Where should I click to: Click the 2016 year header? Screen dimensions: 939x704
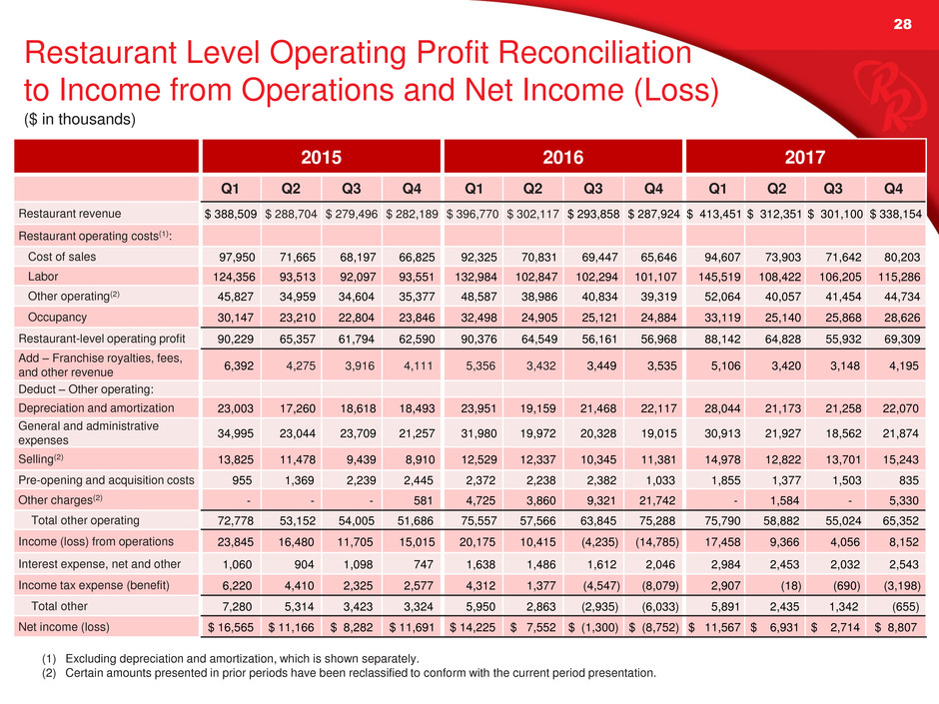point(562,158)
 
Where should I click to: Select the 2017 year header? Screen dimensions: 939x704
point(804,158)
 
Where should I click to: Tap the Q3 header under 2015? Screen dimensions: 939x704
point(351,189)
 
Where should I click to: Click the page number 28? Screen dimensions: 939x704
point(902,24)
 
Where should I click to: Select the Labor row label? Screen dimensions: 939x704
point(43,277)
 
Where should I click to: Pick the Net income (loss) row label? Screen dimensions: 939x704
point(64,627)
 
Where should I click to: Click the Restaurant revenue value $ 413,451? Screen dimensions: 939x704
point(715,214)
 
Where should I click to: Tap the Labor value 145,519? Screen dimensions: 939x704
point(720,278)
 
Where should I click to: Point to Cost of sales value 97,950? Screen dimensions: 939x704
point(237,258)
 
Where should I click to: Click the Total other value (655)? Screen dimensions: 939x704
point(905,606)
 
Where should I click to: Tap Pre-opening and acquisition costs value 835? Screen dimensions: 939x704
point(909,480)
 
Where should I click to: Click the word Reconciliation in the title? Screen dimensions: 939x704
point(594,52)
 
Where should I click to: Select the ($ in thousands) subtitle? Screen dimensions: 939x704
point(80,119)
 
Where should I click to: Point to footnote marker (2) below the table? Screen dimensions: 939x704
point(49,673)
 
